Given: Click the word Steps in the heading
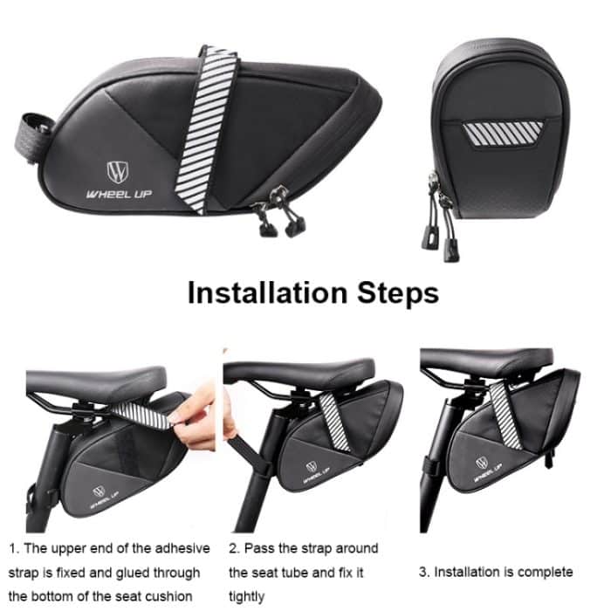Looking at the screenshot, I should [x=395, y=292].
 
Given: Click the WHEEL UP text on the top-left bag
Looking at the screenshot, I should [x=118, y=193].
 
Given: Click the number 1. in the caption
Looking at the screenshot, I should [x=14, y=548].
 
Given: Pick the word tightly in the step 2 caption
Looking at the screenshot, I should [x=247, y=596].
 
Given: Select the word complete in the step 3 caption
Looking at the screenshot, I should [x=544, y=572].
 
